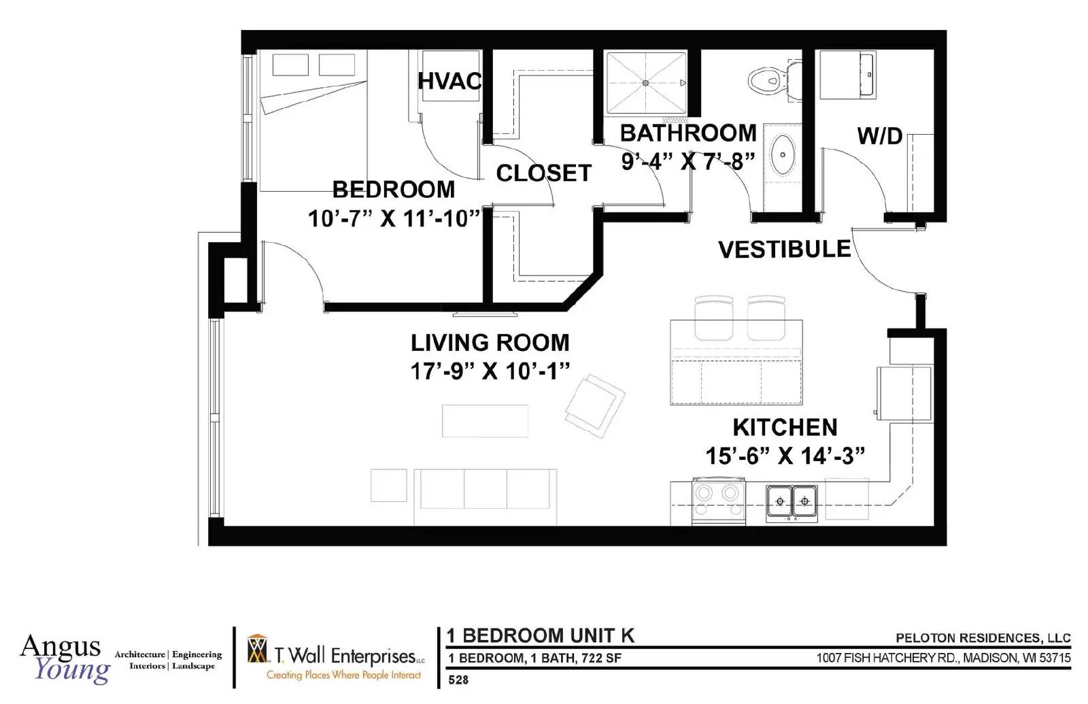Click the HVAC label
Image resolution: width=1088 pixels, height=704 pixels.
[x=449, y=81]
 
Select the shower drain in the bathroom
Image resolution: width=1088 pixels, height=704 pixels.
[x=645, y=83]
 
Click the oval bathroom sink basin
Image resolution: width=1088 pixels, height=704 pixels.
[x=783, y=154]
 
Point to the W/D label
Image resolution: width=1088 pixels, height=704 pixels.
[x=880, y=136]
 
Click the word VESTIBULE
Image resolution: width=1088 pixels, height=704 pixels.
[x=785, y=249]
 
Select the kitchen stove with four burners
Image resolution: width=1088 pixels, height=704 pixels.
[x=719, y=501]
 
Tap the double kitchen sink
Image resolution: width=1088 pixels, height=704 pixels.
[x=792, y=503]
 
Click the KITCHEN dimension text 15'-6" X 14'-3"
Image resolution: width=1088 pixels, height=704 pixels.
[x=785, y=456]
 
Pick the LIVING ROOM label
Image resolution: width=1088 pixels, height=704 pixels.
[x=490, y=343]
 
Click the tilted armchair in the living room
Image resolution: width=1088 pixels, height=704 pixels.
[x=595, y=405]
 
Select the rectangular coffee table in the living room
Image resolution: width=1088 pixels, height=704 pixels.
[x=486, y=421]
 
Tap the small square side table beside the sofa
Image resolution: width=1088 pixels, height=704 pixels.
[x=388, y=485]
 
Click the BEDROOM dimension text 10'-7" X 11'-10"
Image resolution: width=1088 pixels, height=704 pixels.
[x=394, y=218]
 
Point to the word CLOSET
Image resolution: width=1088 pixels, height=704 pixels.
[x=543, y=173]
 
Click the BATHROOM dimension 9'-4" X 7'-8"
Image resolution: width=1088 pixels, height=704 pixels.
[x=688, y=161]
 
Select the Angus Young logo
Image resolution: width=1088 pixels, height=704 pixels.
[x=65, y=658]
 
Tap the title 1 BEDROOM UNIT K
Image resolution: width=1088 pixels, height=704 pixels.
[x=540, y=635]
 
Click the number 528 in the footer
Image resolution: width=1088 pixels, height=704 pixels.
[x=458, y=680]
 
